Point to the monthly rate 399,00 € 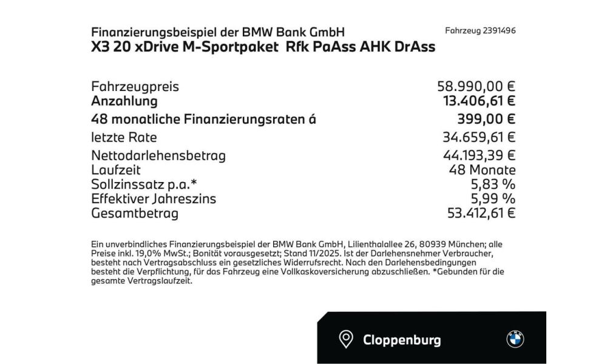point(486,120)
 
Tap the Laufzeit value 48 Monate point(483,170)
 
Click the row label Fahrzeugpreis point(135,87)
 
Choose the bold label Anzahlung point(124,101)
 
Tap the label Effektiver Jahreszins point(154,198)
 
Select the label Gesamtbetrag point(134,212)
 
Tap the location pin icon point(346,340)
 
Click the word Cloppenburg point(402,340)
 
